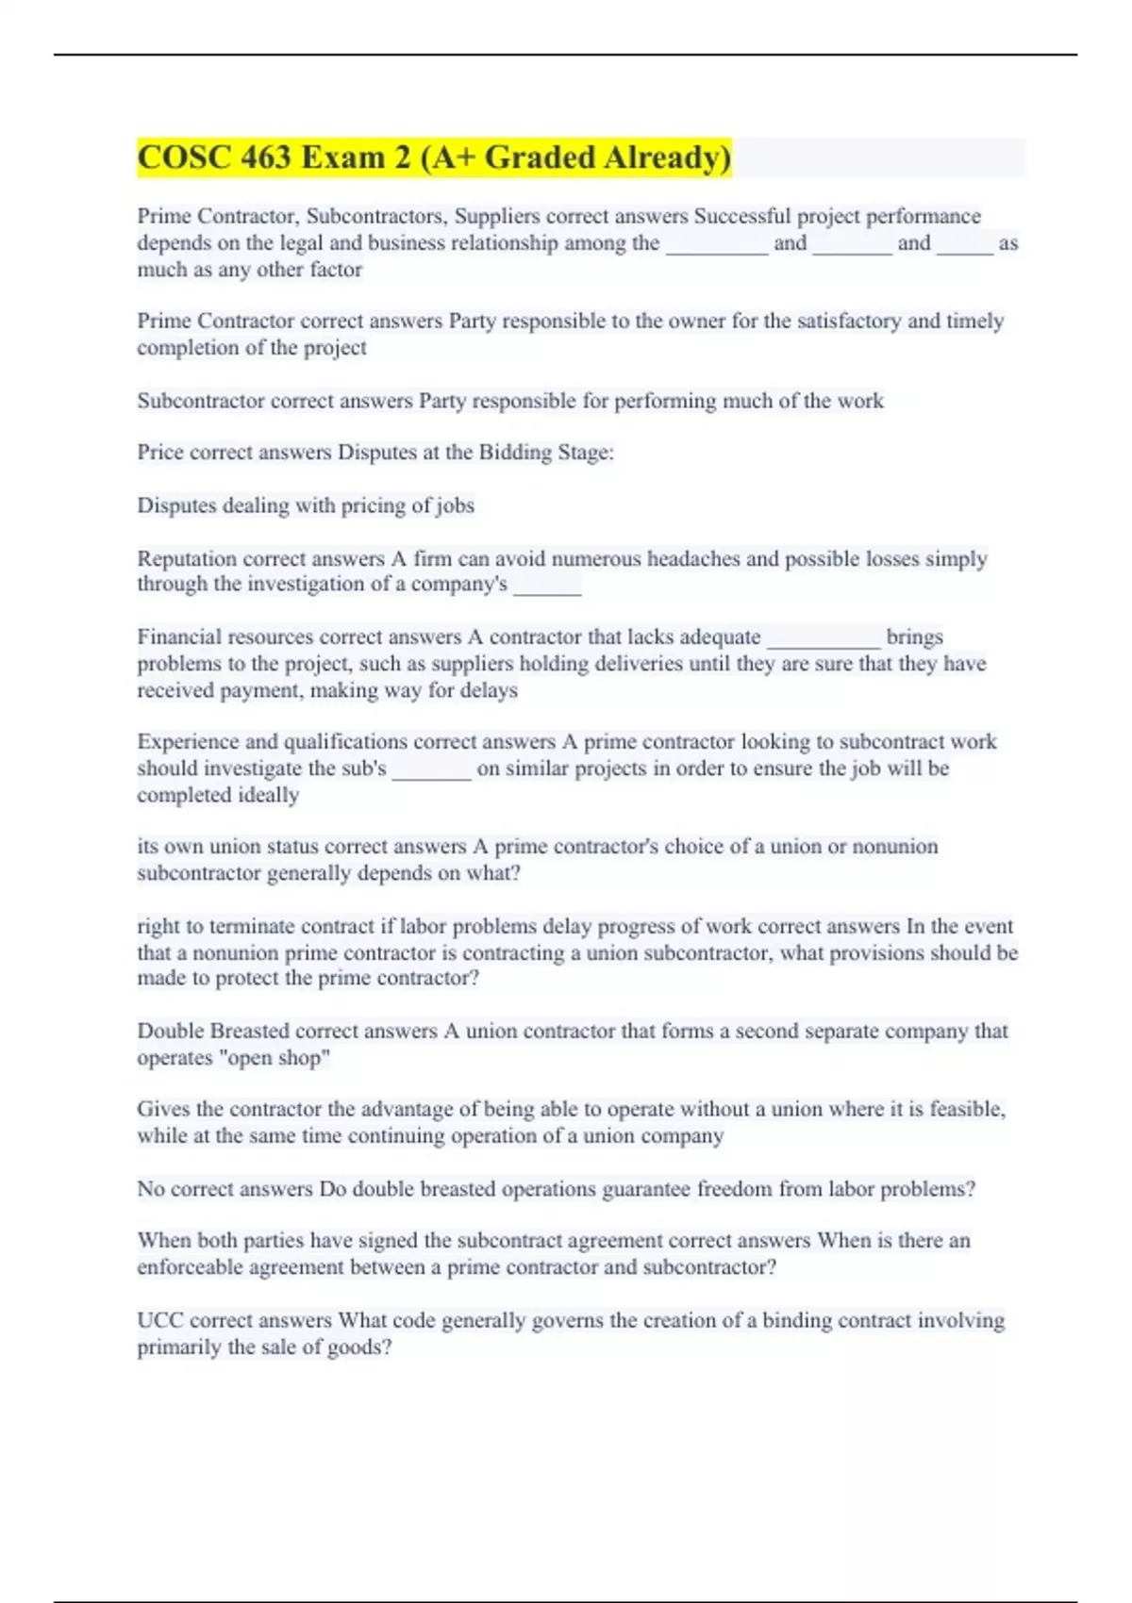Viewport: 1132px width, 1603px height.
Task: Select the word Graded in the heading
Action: pyautogui.click(x=540, y=157)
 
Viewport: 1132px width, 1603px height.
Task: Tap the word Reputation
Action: pyautogui.click(x=186, y=559)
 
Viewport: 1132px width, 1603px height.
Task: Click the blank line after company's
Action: pyautogui.click(x=547, y=586)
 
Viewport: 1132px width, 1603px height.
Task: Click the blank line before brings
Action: pyautogui.click(x=824, y=639)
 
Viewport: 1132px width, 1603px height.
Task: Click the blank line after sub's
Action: pyautogui.click(x=431, y=770)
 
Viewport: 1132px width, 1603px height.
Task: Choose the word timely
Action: pyautogui.click(x=974, y=322)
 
